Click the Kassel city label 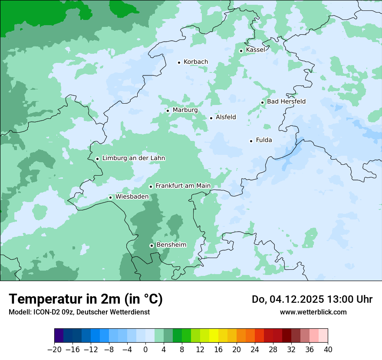pos(255,50)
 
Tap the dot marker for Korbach pos(179,62)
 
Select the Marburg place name pos(185,110)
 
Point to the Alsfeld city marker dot pos(211,118)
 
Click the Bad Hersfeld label pos(286,101)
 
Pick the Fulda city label pos(264,140)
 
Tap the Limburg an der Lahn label pos(133,158)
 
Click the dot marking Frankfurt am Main pos(151,187)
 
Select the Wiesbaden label pos(132,197)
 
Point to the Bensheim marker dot pos(151,245)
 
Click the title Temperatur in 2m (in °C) pos(86,299)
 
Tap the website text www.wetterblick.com pos(313,312)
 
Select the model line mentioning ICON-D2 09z pos(79,312)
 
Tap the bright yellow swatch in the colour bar pos(214,336)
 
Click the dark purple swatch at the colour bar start pos(59,336)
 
